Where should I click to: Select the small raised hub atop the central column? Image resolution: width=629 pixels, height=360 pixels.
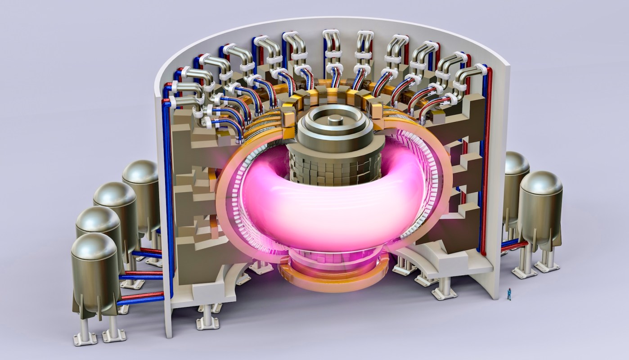[334, 120]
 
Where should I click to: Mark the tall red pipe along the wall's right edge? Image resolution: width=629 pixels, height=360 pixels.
[489, 157]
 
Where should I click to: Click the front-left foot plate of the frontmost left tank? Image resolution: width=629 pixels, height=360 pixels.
[85, 338]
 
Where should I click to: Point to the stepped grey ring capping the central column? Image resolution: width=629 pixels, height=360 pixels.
[334, 130]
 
